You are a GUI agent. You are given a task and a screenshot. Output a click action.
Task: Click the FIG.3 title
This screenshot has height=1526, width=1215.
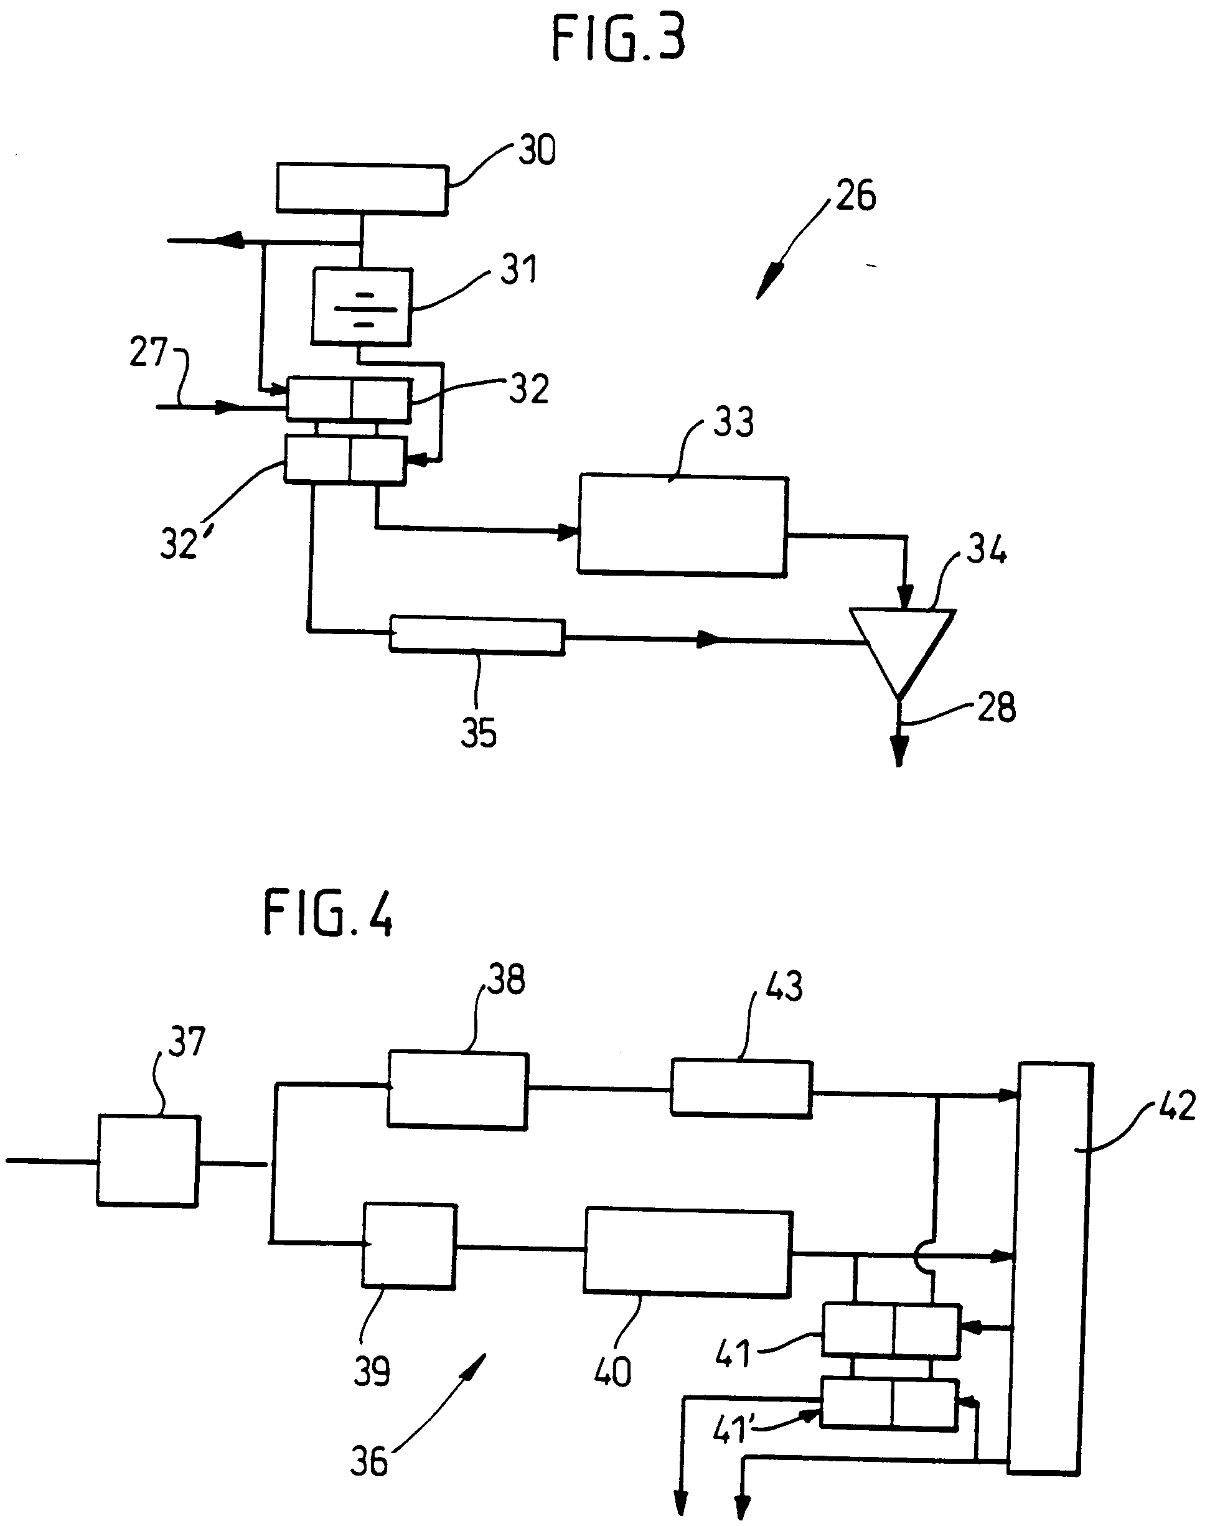coord(618,40)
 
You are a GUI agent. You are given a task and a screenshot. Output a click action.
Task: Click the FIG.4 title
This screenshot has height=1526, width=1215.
coord(328,914)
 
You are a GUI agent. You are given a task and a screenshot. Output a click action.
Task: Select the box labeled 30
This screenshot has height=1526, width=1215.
coord(362,189)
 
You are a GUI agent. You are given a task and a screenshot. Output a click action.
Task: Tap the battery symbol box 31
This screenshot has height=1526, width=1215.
coord(362,306)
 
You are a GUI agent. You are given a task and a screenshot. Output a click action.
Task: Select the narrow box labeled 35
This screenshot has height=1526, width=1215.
coord(477,635)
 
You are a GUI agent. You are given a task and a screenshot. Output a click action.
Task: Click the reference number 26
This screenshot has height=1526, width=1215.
coord(855,196)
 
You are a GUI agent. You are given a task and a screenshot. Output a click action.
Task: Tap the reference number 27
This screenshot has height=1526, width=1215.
coord(148,352)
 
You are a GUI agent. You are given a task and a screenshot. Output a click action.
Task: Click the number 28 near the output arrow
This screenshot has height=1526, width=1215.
coord(997,707)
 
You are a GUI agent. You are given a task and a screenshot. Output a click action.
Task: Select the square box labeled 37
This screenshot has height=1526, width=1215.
coord(148,1161)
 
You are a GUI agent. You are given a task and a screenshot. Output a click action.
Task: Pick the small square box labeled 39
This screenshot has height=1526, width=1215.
coord(408,1246)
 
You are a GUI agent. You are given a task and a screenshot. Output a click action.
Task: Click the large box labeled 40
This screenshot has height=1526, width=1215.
coord(687,1253)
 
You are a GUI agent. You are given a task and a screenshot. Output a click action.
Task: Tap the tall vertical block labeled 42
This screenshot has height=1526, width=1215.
coord(1049,1267)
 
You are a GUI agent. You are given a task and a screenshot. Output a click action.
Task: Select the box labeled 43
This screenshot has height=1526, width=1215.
coord(741,1088)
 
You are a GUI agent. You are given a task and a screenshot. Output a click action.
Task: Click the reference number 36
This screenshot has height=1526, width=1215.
coord(369,1462)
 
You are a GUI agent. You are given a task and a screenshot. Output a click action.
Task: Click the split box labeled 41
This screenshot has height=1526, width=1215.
coord(890,1331)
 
